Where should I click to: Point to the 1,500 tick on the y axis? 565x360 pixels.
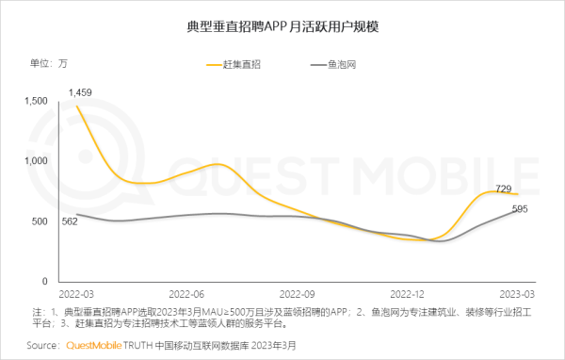[34, 101]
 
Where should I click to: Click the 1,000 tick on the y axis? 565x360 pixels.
[34, 161]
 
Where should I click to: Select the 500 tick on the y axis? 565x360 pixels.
[39, 221]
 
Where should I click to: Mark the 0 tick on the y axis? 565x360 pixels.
[44, 281]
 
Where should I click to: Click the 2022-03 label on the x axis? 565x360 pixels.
[77, 293]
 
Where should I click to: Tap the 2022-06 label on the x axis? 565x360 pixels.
[193, 293]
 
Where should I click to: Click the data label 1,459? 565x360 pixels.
[79, 91]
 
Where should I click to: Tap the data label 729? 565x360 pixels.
[505, 189]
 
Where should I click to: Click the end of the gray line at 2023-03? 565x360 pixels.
[518, 210]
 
